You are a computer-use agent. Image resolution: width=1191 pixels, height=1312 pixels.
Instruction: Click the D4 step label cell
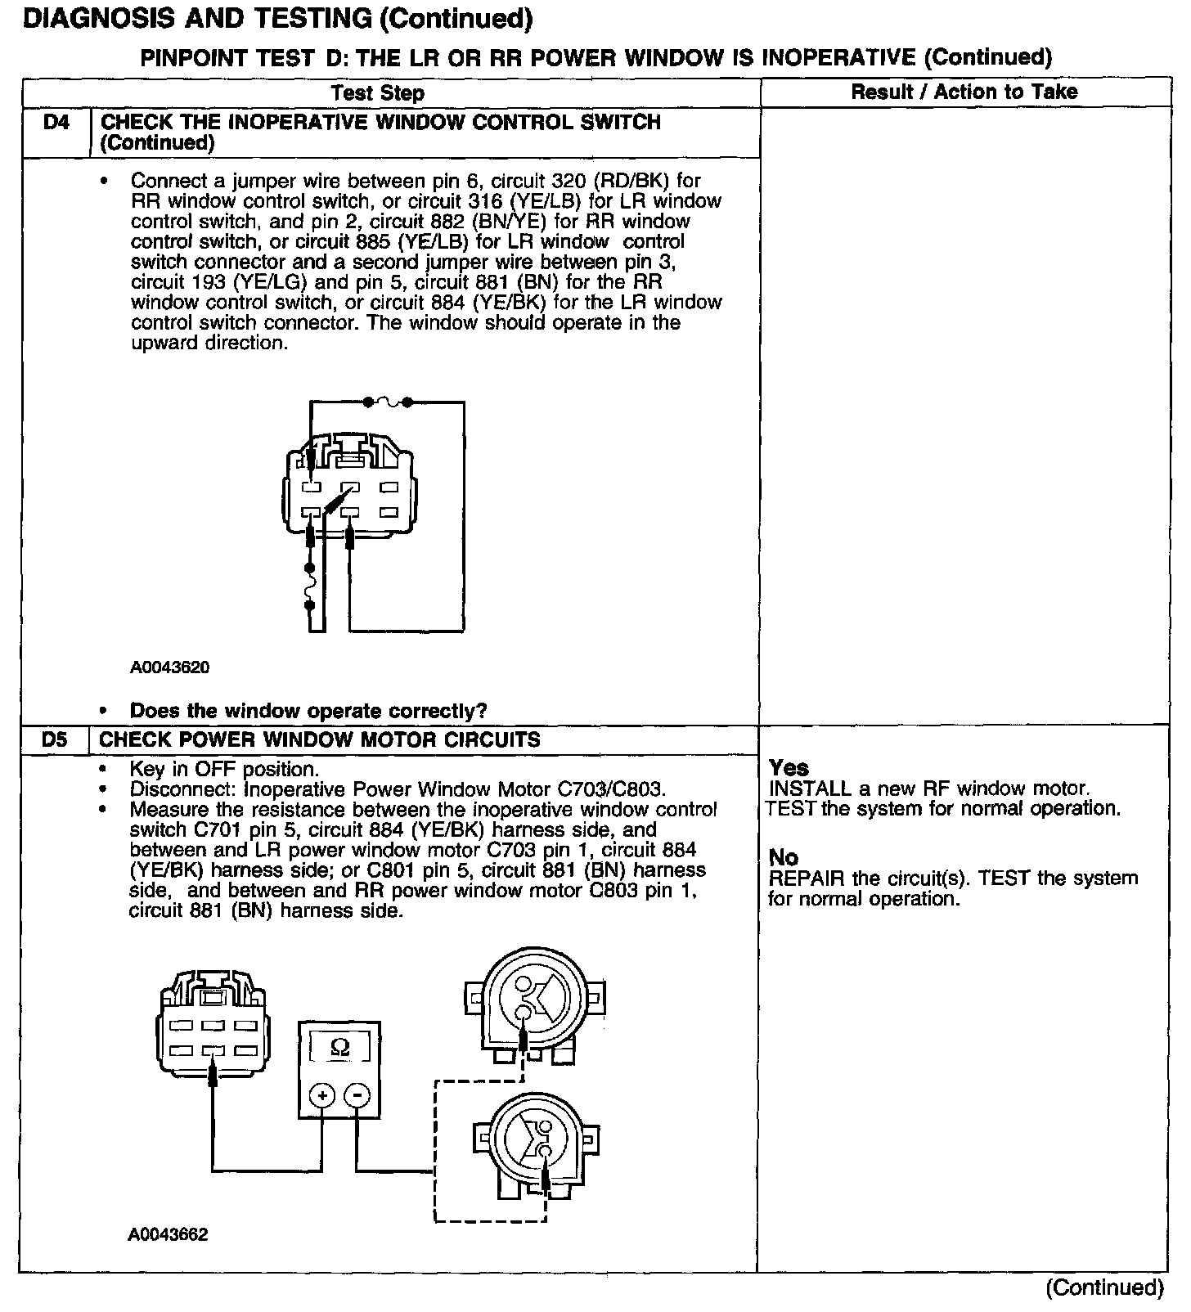click(56, 124)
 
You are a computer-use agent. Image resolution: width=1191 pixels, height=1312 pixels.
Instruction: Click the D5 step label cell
click(54, 740)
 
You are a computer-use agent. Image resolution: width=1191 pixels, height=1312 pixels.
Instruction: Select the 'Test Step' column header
click(378, 93)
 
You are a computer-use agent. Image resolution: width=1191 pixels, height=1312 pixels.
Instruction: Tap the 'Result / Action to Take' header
click(964, 92)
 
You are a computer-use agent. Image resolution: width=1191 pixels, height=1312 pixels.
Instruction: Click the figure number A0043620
click(169, 667)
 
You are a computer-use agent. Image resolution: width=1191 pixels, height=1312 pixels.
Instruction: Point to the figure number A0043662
click(168, 1234)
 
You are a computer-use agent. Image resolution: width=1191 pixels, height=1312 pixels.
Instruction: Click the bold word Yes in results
click(789, 768)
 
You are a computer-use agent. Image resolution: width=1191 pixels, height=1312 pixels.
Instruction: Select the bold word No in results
click(783, 857)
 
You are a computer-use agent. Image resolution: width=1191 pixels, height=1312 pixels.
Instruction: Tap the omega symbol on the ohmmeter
click(339, 1048)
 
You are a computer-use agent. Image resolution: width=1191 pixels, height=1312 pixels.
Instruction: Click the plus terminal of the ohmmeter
click(322, 1096)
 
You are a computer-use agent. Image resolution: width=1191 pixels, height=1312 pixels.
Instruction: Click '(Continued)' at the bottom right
click(1103, 1288)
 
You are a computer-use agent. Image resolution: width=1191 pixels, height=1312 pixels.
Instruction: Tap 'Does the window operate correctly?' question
click(308, 711)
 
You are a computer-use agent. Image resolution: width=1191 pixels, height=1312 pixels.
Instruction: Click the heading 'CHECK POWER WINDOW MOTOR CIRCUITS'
click(320, 740)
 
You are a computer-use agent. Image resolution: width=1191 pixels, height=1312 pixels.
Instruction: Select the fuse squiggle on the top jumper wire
click(388, 402)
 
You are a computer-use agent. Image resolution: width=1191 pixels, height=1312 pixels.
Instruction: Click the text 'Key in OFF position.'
click(224, 770)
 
